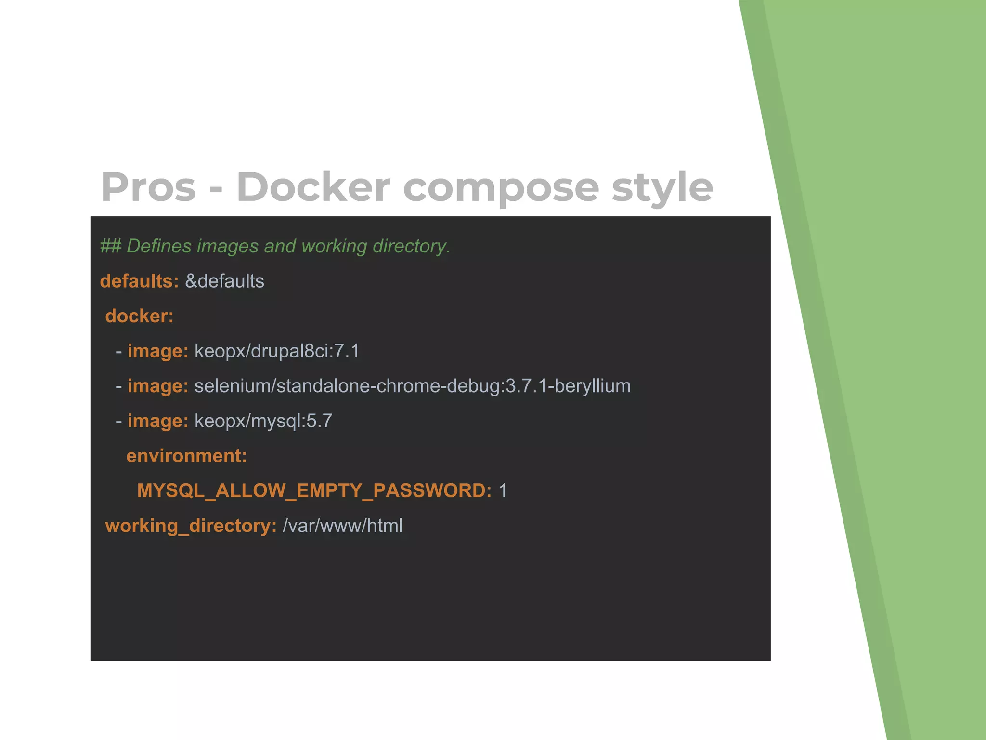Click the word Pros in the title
click(x=148, y=187)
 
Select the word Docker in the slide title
click(x=313, y=187)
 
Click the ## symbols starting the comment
click(x=110, y=246)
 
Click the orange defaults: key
click(x=139, y=281)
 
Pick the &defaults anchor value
click(x=224, y=281)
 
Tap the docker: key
click(x=139, y=316)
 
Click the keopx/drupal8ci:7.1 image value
click(x=277, y=351)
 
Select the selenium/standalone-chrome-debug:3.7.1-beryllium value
click(x=412, y=386)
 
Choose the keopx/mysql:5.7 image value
click(x=263, y=421)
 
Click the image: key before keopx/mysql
click(x=157, y=421)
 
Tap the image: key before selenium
click(x=157, y=386)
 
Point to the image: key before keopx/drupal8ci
click(x=157, y=351)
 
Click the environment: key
click(x=186, y=456)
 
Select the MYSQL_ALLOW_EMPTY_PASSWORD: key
click(x=314, y=490)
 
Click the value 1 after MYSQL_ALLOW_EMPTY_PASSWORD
click(x=503, y=490)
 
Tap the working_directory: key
click(x=191, y=526)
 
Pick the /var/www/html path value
click(x=342, y=526)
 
